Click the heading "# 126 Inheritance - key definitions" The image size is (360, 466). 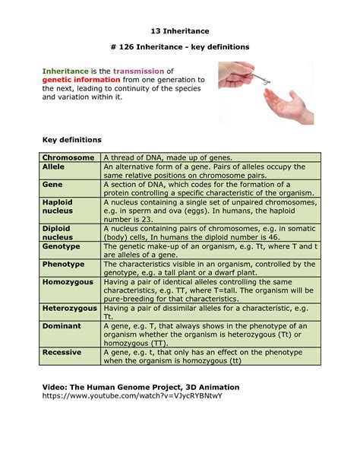[x=180, y=47]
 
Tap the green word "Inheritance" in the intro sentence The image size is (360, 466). [x=65, y=71]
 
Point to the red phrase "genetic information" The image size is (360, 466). [x=81, y=80]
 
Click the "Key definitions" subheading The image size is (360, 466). [x=71, y=141]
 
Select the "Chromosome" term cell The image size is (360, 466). [x=68, y=157]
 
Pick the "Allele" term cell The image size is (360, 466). [x=54, y=166]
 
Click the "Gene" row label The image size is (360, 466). [x=52, y=184]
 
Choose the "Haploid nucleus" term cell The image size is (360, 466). [x=58, y=207]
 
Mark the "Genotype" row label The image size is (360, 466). [x=62, y=247]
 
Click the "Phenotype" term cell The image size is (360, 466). [x=63, y=265]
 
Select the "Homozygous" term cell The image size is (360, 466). [x=68, y=282]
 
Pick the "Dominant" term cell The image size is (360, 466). [x=62, y=325]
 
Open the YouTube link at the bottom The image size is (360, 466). [x=130, y=396]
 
